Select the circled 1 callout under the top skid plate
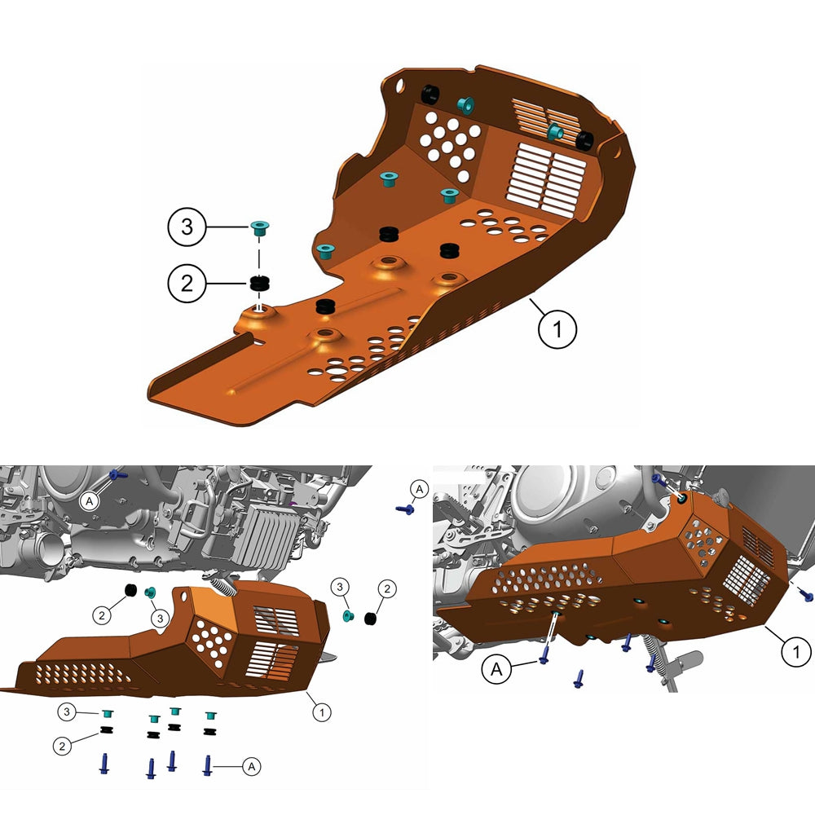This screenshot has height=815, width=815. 557,330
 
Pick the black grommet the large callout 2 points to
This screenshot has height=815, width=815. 260,284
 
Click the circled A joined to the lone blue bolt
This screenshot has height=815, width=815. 418,489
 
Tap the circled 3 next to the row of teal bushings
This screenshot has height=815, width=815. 68,712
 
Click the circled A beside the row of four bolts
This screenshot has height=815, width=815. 252,765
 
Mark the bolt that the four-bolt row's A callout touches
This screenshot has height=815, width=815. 209,764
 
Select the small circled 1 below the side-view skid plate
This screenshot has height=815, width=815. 322,711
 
